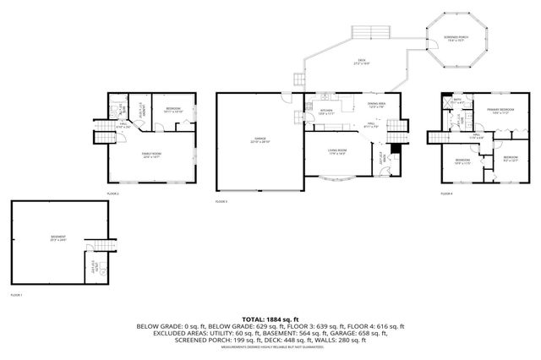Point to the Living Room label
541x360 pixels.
(336, 153)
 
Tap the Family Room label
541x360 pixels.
(151, 155)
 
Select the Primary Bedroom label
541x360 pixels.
(501, 110)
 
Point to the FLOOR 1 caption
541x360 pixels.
(16, 295)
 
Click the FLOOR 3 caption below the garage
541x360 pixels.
(221, 201)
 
